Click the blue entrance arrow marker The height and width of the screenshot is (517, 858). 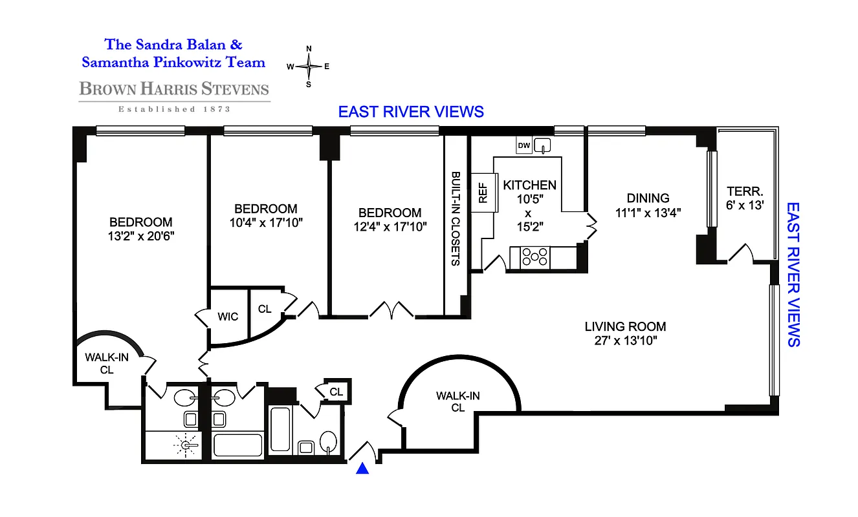tap(363, 469)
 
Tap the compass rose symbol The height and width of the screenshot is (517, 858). tap(309, 66)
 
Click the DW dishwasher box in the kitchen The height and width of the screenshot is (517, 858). tap(524, 146)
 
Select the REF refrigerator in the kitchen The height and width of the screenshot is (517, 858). tap(483, 193)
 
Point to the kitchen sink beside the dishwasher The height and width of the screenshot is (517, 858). tap(542, 145)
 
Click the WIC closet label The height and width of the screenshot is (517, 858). tap(228, 317)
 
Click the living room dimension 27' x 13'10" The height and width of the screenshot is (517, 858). tap(625, 341)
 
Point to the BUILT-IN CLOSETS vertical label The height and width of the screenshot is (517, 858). tap(456, 219)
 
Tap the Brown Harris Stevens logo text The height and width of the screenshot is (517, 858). tap(174, 89)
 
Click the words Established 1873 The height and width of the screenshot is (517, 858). tap(174, 109)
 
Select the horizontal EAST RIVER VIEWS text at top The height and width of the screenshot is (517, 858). tap(411, 112)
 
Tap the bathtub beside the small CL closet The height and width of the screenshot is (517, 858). tap(280, 429)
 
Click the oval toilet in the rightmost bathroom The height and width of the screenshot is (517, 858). tap(328, 443)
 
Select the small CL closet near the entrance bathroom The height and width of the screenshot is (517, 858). tap(336, 392)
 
